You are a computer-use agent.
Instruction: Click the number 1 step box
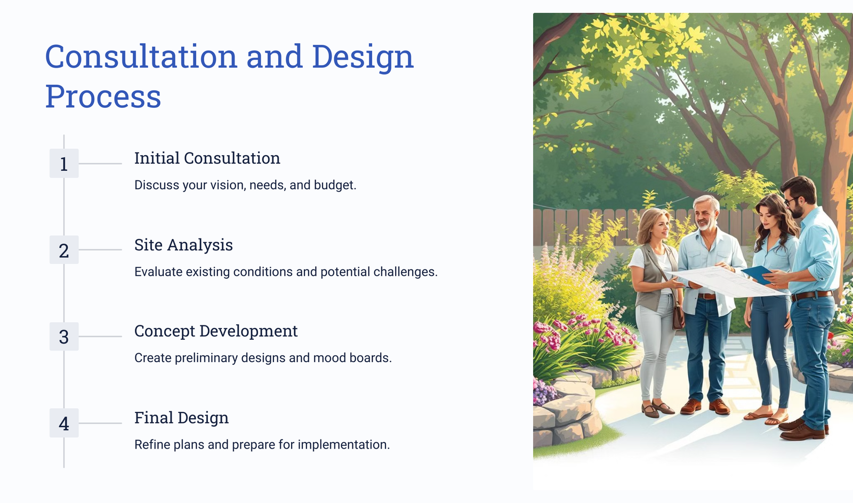(64, 163)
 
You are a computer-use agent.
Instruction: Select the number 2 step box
(64, 250)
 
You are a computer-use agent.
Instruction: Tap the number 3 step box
(64, 337)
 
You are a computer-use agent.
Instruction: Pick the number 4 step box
(64, 423)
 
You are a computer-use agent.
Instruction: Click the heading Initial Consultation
(207, 158)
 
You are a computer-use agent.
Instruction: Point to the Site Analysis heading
(183, 245)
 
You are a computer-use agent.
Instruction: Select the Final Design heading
(181, 418)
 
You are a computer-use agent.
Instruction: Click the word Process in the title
(103, 97)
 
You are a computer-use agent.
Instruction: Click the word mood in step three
(330, 358)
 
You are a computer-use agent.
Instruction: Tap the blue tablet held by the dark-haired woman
(757, 274)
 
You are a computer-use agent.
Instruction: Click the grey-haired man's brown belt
(707, 297)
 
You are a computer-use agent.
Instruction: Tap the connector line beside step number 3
(100, 337)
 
